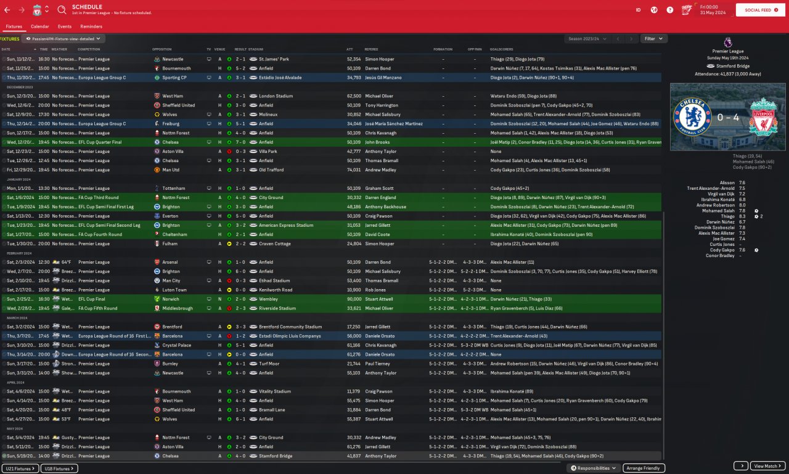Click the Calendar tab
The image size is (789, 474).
pyautogui.click(x=39, y=27)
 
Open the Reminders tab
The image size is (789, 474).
pyautogui.click(x=91, y=27)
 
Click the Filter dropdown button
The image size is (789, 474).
pyautogui.click(x=653, y=38)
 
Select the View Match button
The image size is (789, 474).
pyautogui.click(x=767, y=466)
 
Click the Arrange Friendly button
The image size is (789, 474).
pyautogui.click(x=644, y=468)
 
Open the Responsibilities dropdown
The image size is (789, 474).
pyautogui.click(x=593, y=468)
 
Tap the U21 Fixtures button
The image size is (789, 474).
pyautogui.click(x=20, y=468)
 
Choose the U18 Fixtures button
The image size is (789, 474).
pyautogui.click(x=59, y=468)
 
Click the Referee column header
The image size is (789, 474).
pyautogui.click(x=371, y=49)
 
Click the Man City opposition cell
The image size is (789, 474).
pyautogui.click(x=171, y=280)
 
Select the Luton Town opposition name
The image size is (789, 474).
pyautogui.click(x=174, y=290)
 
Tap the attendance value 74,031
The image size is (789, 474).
pyautogui.click(x=353, y=170)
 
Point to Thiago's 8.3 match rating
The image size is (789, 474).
pyautogui.click(x=742, y=216)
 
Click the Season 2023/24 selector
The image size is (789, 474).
pyautogui.click(x=587, y=38)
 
